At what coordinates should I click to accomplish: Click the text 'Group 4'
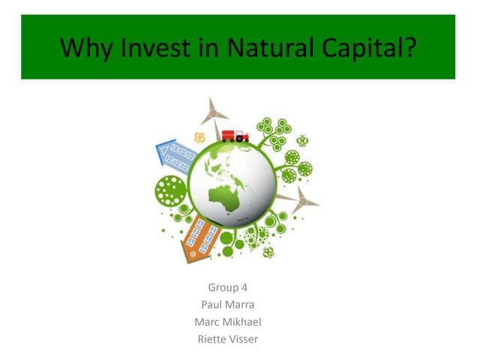coord(227,287)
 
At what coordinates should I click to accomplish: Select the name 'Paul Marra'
coord(227,304)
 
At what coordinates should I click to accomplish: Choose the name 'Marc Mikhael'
coord(227,322)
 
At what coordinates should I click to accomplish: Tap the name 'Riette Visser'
coord(227,339)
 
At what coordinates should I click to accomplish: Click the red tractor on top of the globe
coord(241,136)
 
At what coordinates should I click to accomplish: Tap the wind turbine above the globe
coord(214,113)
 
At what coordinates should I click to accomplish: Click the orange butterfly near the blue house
coord(199,137)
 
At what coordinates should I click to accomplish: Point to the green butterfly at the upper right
coord(303,140)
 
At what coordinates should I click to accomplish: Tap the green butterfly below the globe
coord(268,253)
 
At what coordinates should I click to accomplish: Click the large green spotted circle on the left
coord(171,191)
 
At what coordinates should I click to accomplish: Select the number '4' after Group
coord(244,287)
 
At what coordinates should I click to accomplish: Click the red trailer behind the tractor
coord(228,136)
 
